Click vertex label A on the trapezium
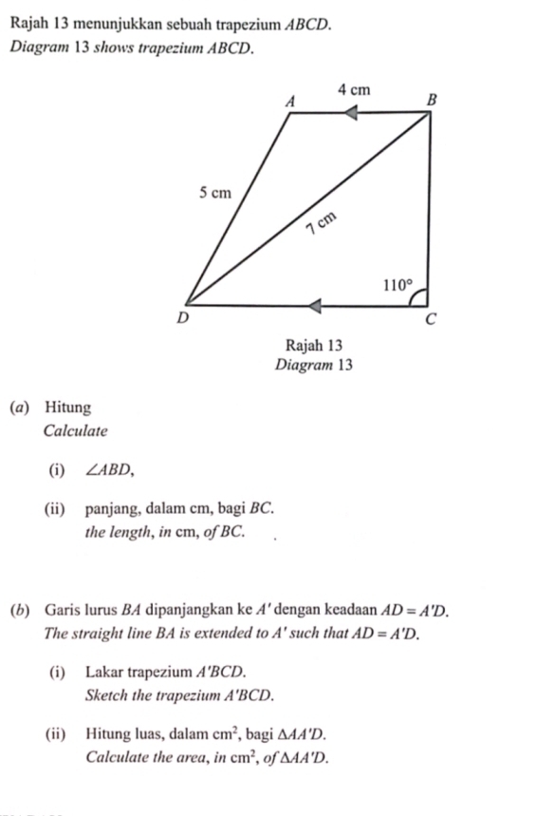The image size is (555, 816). click(x=291, y=98)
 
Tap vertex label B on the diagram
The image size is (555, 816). click(x=433, y=98)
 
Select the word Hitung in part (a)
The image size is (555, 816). click(x=67, y=408)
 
